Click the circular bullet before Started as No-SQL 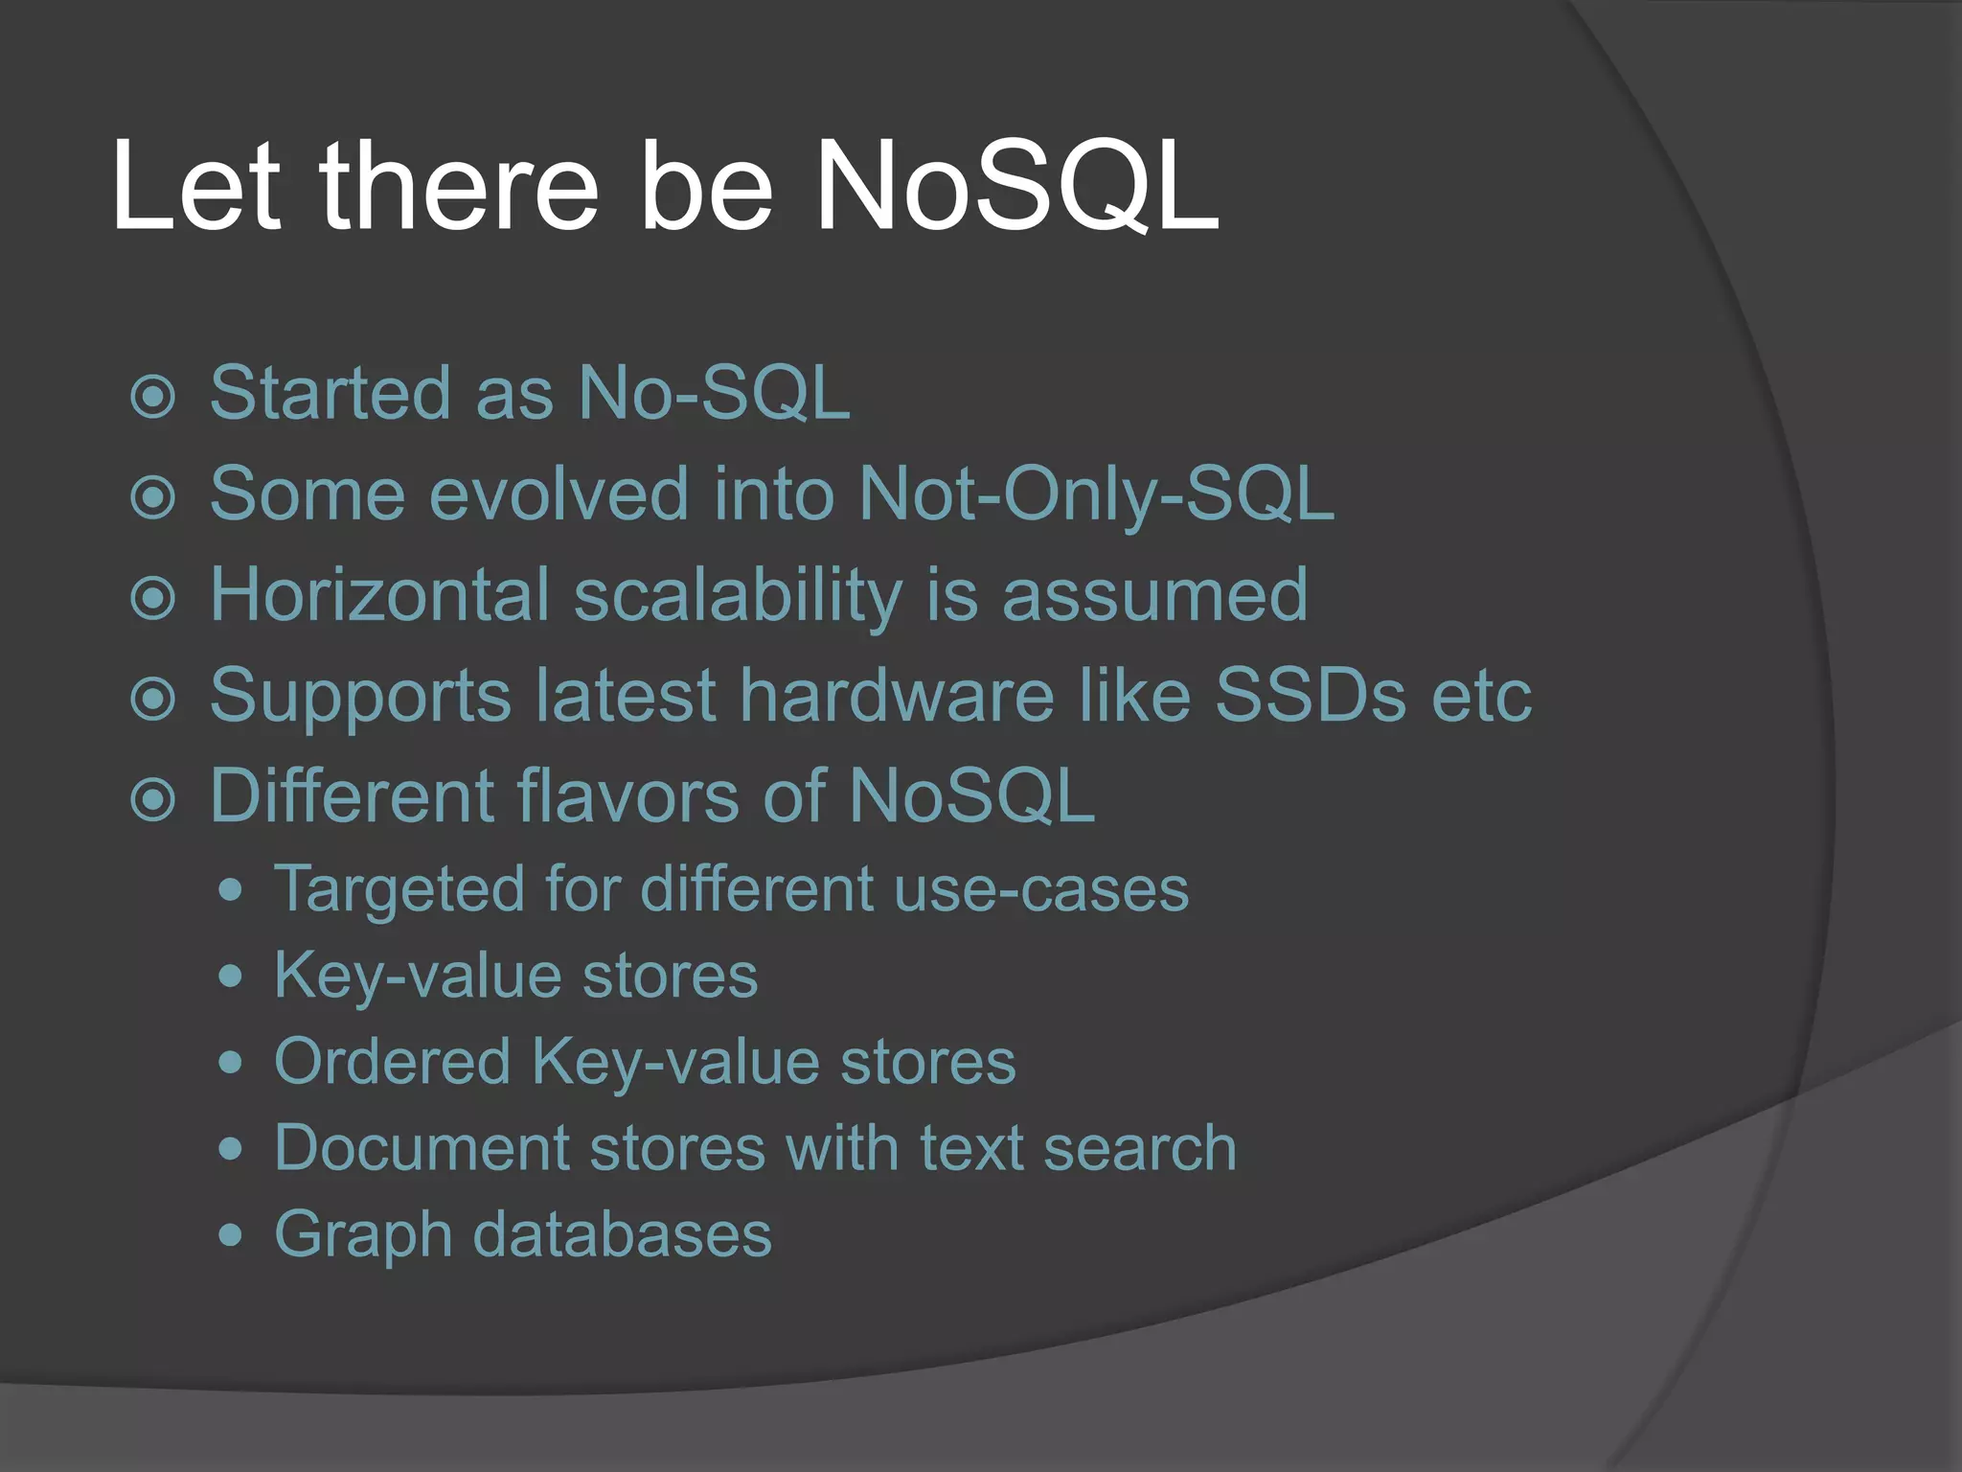153,397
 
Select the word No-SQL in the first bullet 714,393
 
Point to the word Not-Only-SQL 1096,494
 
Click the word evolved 559,494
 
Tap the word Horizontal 379,595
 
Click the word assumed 1154,595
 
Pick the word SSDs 1311,695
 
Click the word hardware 897,695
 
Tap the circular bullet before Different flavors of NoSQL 153,799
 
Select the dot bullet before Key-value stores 230,977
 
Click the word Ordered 393,1062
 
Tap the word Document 422,1148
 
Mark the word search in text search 1140,1148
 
